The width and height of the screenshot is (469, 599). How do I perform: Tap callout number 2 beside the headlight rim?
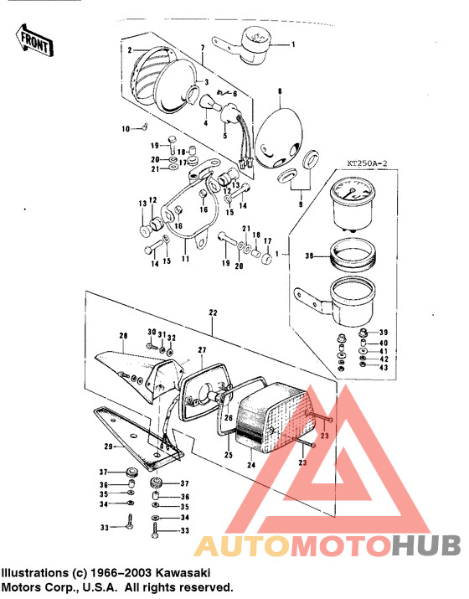(130, 50)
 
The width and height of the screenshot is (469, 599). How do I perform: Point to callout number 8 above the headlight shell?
(280, 90)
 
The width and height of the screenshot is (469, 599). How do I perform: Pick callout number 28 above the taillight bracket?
(122, 337)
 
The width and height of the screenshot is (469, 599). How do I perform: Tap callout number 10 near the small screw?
(127, 128)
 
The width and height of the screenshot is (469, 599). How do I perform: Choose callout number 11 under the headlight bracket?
(186, 258)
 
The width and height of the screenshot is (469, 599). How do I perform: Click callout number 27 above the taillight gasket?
(201, 349)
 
